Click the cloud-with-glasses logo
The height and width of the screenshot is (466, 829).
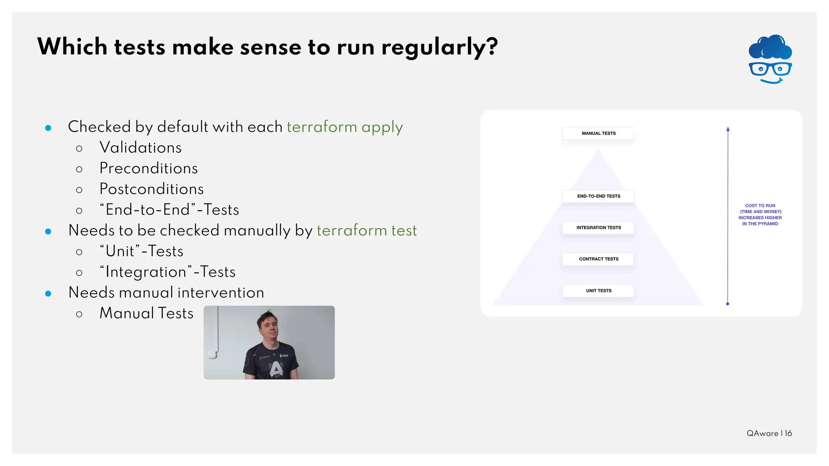coord(770,59)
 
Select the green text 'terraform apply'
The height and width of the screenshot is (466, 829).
coord(345,127)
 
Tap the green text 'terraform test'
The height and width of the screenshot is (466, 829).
coord(366,231)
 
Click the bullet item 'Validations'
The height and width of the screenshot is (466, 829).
coord(140,148)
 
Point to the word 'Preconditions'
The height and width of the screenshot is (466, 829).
coord(149,168)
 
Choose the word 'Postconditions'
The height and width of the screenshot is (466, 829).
coord(151,189)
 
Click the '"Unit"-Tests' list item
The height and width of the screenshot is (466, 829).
coord(142,251)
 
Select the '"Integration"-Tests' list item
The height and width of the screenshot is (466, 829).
coord(168,272)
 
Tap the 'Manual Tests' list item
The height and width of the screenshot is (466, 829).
coord(147,313)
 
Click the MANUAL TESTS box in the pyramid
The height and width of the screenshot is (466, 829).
coord(598,133)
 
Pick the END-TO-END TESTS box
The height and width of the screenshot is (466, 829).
coord(598,196)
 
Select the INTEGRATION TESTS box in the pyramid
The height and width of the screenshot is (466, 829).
coord(598,228)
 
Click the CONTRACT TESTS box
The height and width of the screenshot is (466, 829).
coord(598,259)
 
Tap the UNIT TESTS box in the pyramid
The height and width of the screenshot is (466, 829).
coord(598,291)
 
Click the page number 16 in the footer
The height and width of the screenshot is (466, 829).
coord(788,433)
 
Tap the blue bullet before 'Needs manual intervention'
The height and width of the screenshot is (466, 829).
coord(48,293)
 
